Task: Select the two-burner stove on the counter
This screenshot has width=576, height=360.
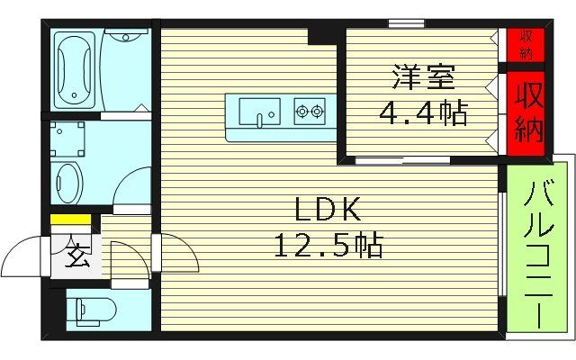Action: click(309, 112)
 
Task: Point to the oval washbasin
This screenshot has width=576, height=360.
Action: click(68, 183)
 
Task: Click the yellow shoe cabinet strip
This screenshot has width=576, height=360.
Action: click(69, 219)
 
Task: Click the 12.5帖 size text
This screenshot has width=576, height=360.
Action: click(328, 243)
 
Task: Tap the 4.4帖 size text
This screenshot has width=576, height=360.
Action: click(421, 112)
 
